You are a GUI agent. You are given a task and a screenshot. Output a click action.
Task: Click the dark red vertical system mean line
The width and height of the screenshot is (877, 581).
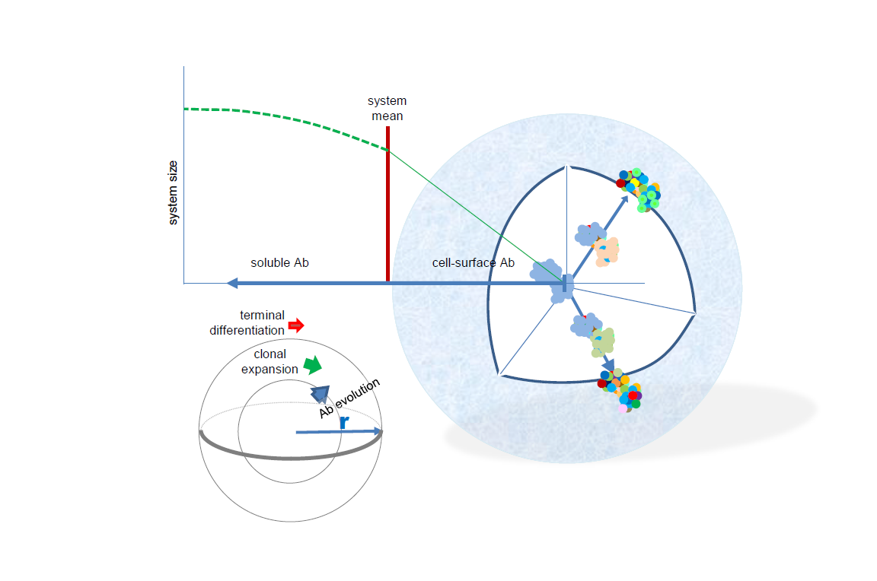tap(387, 205)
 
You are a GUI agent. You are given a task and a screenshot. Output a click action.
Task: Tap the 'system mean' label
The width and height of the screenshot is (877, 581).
tap(387, 109)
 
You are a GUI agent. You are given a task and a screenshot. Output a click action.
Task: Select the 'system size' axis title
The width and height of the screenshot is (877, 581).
tap(174, 192)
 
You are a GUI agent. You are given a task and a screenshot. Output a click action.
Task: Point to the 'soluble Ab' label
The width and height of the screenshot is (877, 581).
tap(279, 263)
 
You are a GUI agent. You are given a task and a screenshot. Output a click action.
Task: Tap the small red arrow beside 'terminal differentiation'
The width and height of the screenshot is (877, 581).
tap(296, 325)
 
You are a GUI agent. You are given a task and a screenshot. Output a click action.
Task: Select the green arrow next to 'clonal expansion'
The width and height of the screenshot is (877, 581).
tap(312, 365)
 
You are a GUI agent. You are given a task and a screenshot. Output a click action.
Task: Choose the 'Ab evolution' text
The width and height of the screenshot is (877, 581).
tap(350, 397)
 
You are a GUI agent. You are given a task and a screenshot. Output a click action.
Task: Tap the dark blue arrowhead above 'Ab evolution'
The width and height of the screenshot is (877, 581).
tap(321, 392)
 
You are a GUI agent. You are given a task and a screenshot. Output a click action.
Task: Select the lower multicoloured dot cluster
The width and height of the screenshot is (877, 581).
tap(620, 390)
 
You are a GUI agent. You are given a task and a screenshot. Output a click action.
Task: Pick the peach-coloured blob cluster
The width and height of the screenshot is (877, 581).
tap(607, 252)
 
